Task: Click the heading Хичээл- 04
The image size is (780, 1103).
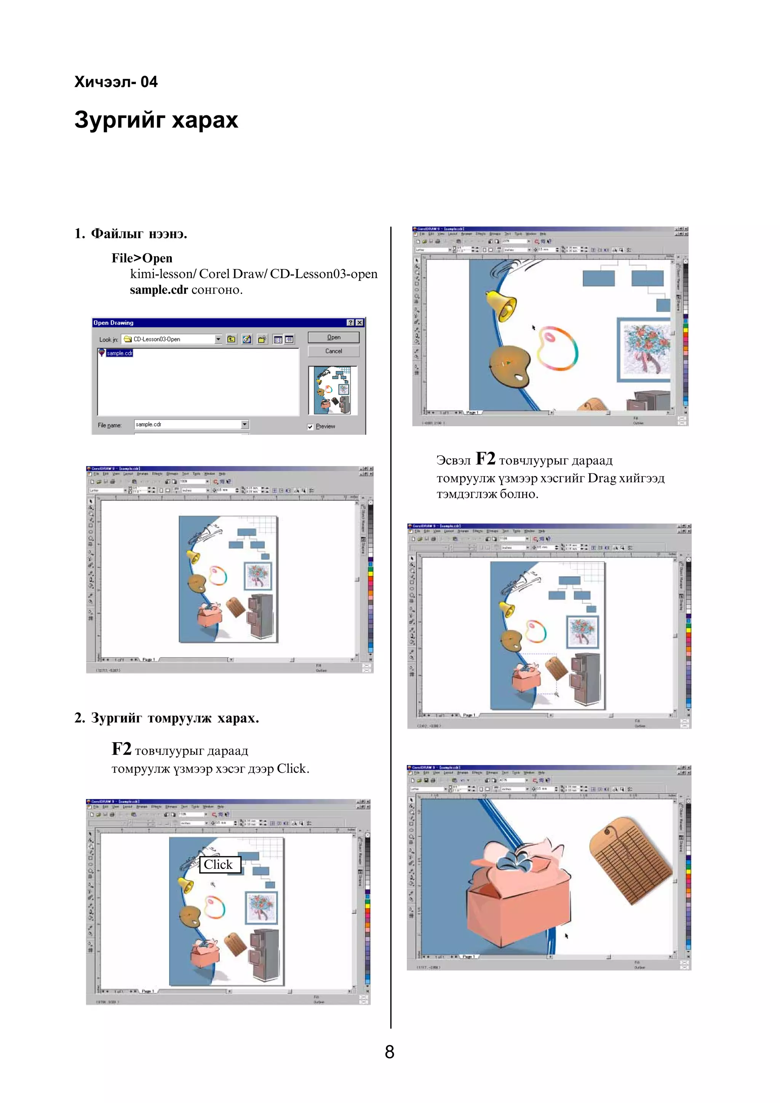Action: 116,82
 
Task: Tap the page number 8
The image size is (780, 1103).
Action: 389,1052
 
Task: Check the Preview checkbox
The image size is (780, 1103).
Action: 310,427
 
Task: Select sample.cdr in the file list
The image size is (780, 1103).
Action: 119,353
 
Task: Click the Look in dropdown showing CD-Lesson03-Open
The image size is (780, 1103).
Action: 171,339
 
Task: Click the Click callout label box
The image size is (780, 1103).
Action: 219,864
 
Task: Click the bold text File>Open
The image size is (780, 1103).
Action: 142,258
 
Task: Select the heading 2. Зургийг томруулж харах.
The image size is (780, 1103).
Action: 167,718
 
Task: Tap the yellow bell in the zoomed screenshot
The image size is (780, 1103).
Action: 501,304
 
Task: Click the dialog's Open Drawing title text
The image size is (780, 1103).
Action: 113,323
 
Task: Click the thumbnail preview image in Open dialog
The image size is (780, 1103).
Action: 332,390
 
